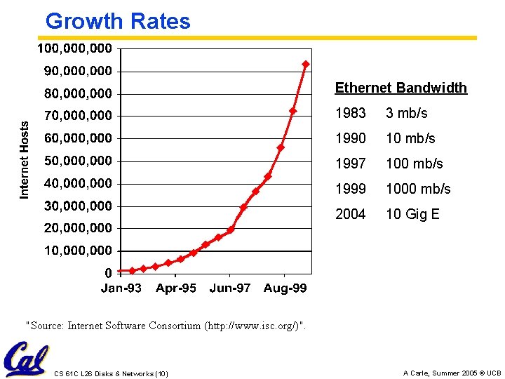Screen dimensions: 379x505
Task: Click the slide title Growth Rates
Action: (118, 21)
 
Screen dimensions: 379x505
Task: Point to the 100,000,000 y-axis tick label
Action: (74, 48)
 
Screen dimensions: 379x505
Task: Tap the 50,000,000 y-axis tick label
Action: (77, 161)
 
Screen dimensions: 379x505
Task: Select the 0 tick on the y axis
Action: (108, 273)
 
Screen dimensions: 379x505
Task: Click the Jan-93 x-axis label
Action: (121, 288)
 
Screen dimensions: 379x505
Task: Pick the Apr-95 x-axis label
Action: (176, 288)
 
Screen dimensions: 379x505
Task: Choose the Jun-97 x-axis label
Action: (229, 288)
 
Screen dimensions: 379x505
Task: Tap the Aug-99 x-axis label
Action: (285, 288)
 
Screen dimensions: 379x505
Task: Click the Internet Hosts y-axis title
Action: (25, 159)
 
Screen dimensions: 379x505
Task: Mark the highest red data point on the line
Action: (305, 64)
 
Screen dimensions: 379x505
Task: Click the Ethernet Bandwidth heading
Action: (400, 88)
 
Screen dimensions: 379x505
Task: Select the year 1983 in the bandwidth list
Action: (350, 113)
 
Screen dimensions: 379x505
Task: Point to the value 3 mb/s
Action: (406, 113)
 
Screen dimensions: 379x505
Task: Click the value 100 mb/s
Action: (414, 164)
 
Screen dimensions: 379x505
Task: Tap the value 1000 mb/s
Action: (418, 189)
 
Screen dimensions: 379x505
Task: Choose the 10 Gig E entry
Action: (412, 214)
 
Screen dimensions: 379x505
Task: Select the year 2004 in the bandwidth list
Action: (350, 214)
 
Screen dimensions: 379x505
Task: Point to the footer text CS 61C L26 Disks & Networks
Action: (111, 373)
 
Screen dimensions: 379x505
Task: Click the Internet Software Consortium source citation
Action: (166, 325)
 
